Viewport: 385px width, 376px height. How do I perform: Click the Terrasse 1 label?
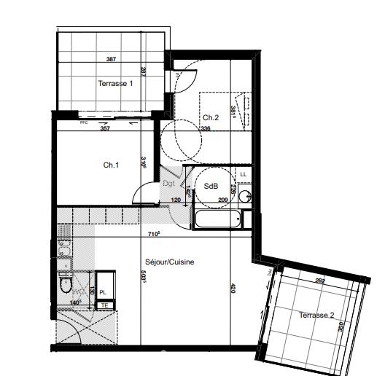point(116,84)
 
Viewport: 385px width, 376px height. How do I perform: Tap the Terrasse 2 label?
point(316,315)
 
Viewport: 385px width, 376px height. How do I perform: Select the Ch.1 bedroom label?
point(111,165)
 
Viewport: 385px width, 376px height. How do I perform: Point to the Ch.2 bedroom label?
point(211,117)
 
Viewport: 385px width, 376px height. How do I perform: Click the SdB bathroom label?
point(211,185)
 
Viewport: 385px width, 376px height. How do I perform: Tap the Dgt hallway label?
point(168,184)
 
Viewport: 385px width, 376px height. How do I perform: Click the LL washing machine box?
point(243,175)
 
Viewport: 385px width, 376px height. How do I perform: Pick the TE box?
point(104,305)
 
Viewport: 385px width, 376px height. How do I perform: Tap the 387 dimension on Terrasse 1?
point(111,59)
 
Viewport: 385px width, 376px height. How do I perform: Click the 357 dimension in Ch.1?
point(105,129)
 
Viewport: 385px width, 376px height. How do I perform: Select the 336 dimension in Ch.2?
point(206,129)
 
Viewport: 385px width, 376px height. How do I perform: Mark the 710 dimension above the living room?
point(154,235)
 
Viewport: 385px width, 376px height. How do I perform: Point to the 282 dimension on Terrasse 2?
point(319,280)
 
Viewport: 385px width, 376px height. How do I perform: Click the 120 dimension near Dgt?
point(176,199)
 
